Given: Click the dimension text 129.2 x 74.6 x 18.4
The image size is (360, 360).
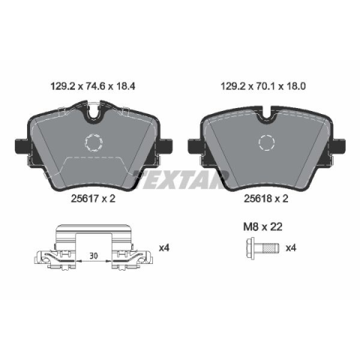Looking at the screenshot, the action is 93,86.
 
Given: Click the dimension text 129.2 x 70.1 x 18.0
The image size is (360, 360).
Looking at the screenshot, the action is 263,86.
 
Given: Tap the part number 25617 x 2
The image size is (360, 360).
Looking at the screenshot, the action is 93,199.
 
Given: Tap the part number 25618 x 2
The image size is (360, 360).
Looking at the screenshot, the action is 266,199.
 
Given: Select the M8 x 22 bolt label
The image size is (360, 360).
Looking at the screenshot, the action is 262,227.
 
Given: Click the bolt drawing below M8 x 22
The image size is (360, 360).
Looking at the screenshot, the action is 262,248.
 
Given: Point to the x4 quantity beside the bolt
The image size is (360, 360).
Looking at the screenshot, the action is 291,248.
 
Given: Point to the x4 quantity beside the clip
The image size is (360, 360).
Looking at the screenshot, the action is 164,248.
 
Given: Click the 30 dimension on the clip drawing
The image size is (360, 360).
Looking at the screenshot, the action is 94,256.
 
